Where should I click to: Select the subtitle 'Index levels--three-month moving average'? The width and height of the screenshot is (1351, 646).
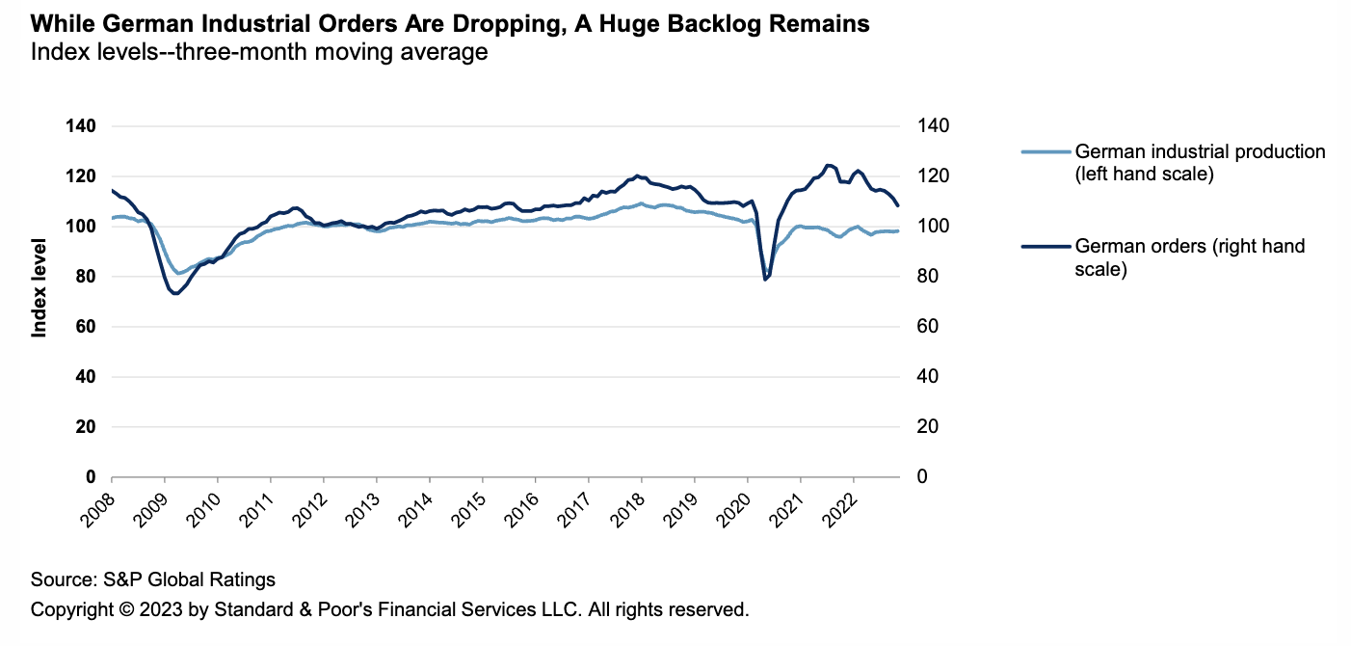tap(259, 52)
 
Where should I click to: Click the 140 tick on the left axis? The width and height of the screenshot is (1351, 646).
tap(81, 126)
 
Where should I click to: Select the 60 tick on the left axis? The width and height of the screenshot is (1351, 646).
tap(86, 327)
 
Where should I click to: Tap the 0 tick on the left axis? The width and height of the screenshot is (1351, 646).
tap(91, 477)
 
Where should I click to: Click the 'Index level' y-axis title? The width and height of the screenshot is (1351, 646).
tap(40, 287)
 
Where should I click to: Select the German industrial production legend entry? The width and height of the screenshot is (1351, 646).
tap(1200, 162)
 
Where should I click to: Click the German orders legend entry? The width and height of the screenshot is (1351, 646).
tap(1189, 257)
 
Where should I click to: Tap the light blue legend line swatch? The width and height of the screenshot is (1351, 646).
tap(1045, 152)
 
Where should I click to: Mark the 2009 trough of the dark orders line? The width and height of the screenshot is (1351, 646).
tap(175, 293)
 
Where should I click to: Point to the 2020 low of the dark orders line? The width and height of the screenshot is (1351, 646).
tap(765, 280)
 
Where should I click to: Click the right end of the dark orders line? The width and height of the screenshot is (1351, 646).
tap(898, 205)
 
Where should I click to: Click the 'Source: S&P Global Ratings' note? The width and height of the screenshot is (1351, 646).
tap(153, 579)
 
